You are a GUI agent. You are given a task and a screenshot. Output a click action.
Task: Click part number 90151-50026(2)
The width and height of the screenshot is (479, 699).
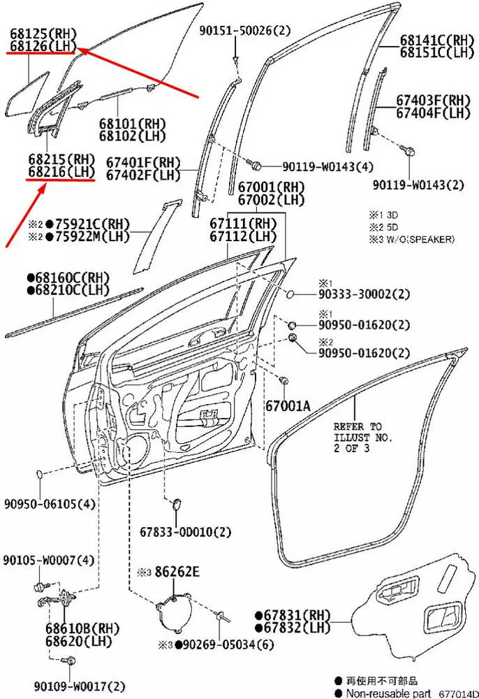[244, 31]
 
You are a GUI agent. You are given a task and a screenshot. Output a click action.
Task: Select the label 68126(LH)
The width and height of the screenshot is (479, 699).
[43, 46]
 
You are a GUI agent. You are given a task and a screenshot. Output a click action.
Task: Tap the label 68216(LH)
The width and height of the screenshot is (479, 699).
[61, 171]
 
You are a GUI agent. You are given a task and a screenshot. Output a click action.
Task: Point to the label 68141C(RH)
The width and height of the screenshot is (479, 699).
[436, 41]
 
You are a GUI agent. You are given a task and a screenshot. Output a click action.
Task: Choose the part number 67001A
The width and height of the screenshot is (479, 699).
[288, 405]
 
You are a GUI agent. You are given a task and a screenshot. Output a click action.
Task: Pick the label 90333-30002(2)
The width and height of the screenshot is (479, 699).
[364, 295]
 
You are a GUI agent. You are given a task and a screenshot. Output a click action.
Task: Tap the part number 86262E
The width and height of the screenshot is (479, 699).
[177, 572]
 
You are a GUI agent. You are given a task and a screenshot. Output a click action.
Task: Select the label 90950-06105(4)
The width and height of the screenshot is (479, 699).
[50, 503]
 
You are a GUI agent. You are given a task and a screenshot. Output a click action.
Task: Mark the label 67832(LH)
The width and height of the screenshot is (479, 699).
[297, 627]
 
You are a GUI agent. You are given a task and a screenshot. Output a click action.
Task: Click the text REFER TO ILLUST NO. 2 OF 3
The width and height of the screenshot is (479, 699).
[362, 438]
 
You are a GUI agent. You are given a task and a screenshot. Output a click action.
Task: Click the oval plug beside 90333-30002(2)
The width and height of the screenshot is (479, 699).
[288, 296]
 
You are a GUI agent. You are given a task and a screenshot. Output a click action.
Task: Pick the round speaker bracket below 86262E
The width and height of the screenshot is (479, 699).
[171, 610]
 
